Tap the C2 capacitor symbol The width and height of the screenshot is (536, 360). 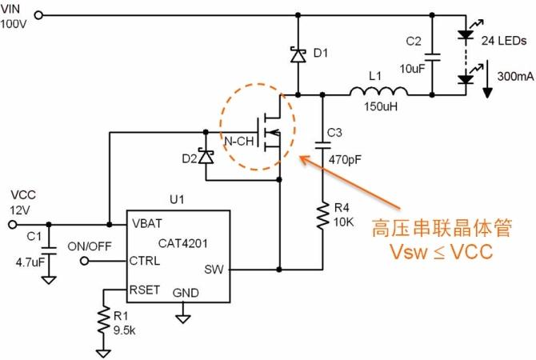click(432, 56)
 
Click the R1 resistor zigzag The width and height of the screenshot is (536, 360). click(103, 319)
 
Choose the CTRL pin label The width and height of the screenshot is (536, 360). click(145, 261)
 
